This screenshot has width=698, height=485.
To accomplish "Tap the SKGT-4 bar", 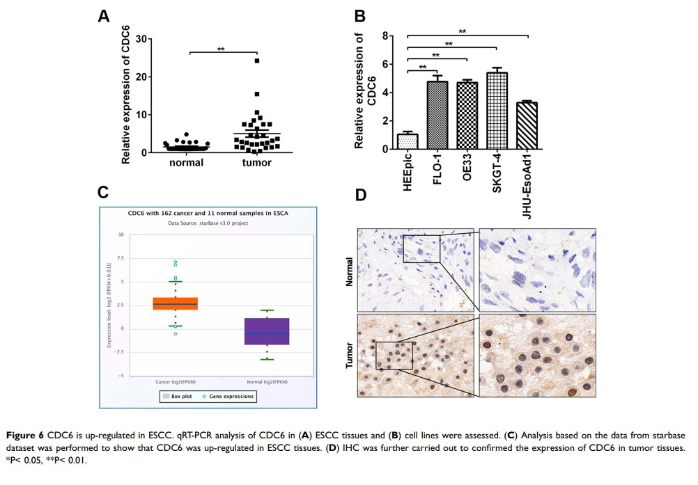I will coord(497,111).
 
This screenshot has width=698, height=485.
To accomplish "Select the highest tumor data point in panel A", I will coord(257,61).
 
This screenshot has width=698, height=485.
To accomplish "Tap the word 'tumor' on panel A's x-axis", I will coord(257,163).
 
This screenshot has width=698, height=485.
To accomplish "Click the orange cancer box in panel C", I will coord(176,303).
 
